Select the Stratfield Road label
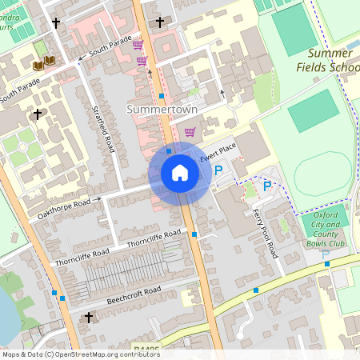click(x=105, y=128)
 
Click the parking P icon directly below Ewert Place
click(x=218, y=170)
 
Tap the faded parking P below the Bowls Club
click(x=326, y=254)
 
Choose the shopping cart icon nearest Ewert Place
click(x=190, y=132)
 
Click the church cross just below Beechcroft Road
click(x=88, y=318)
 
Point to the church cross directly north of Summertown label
click(x=160, y=22)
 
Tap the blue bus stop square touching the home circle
click(x=169, y=150)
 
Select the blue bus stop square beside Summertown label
click(x=162, y=96)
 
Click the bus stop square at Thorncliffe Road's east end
click(x=194, y=234)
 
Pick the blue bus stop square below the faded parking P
click(x=326, y=264)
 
